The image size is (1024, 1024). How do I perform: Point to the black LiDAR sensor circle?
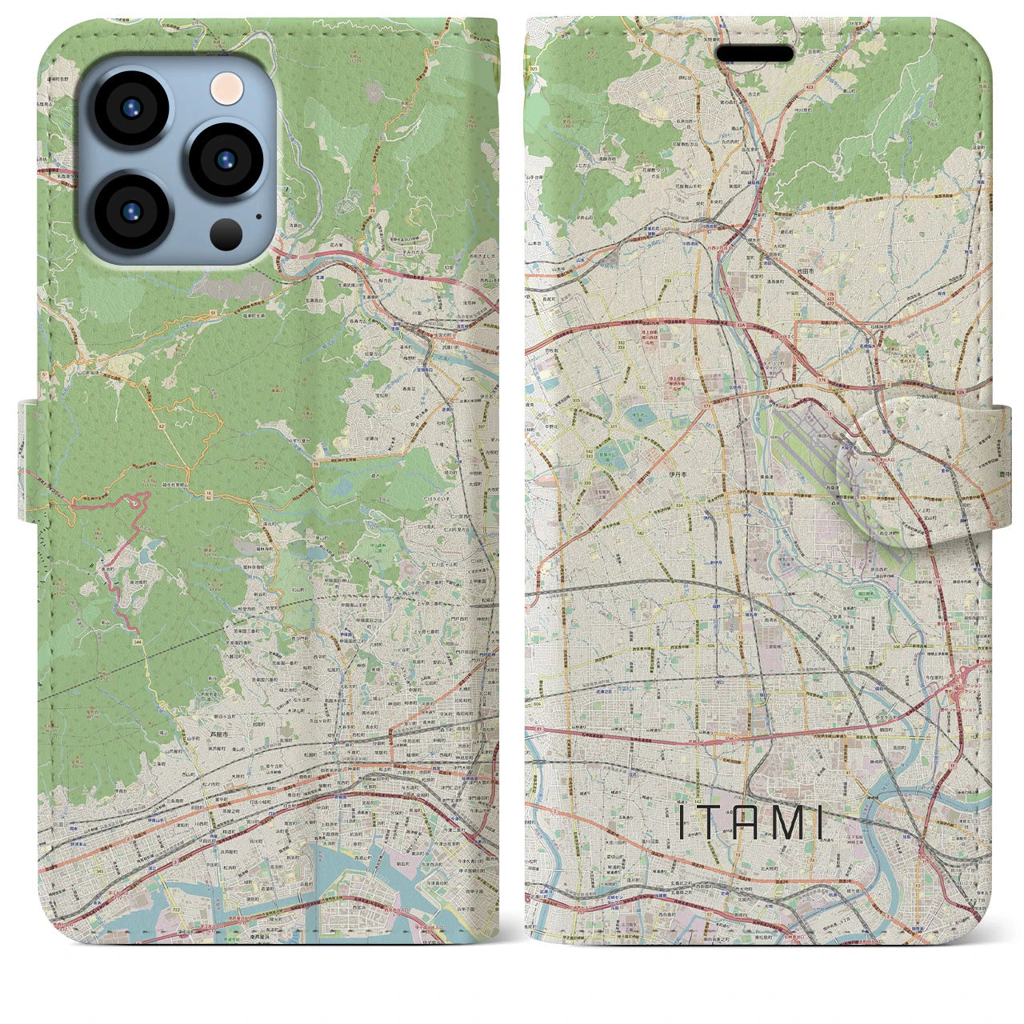pyautogui.click(x=227, y=233)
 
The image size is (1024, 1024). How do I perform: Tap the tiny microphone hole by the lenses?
pyautogui.click(x=258, y=214)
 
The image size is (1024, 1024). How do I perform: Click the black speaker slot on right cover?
pyautogui.click(x=754, y=54)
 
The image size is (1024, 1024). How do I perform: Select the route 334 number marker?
pyautogui.click(x=656, y=506)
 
